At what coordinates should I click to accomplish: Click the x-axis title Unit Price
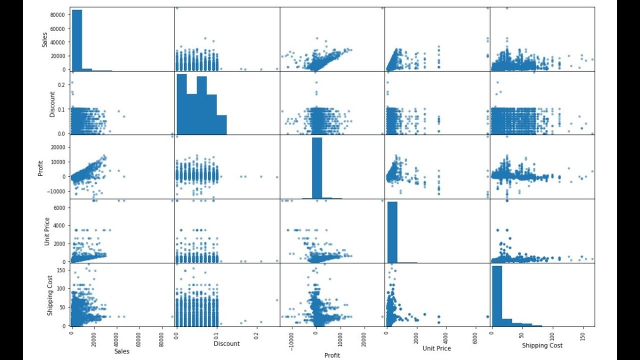[436, 348]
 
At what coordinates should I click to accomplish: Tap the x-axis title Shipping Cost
[542, 345]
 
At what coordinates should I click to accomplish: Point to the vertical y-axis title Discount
[52, 103]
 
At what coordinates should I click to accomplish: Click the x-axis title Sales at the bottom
[121, 351]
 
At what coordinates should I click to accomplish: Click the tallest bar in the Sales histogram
[77, 39]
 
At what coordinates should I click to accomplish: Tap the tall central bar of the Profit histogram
[317, 168]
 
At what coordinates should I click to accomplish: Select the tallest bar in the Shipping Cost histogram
[497, 295]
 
